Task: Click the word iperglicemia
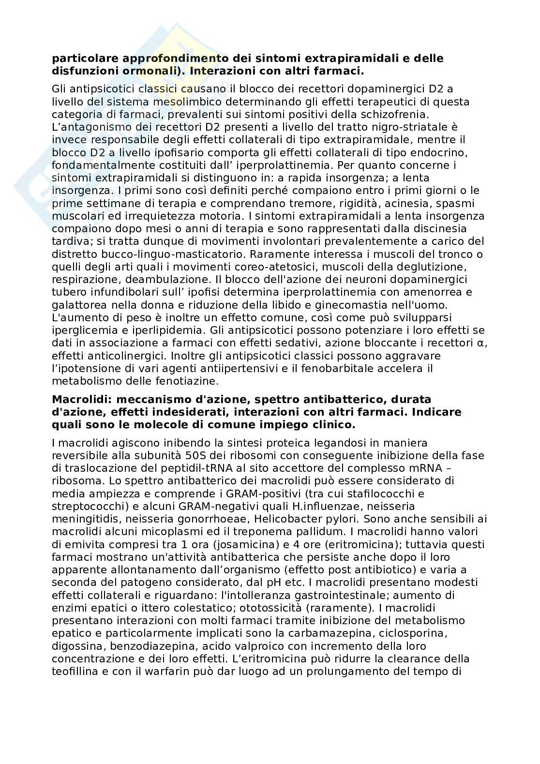pos(81,330)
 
